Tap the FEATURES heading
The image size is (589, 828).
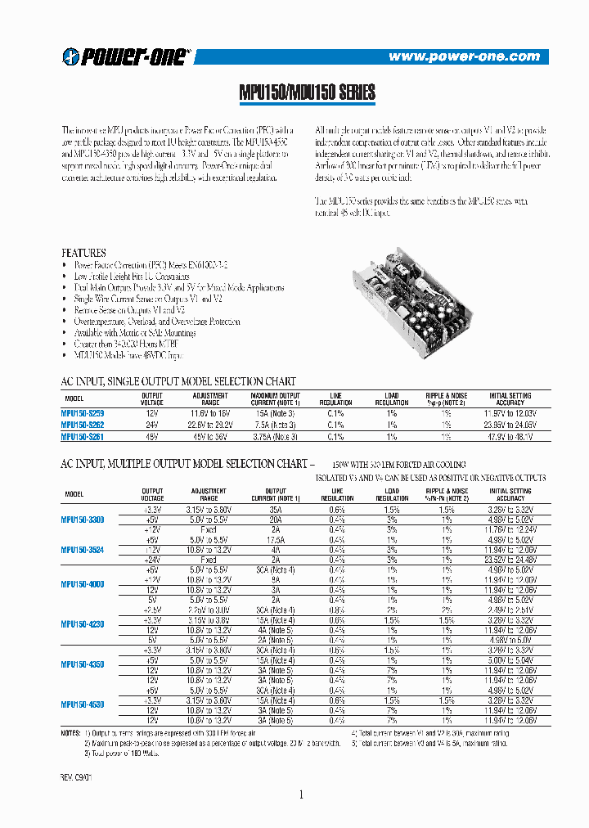(x=84, y=253)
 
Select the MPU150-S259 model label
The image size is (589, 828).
(x=83, y=414)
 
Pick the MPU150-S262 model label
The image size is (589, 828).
(x=83, y=425)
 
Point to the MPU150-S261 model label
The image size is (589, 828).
(x=83, y=437)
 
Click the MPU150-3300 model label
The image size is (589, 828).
(x=82, y=520)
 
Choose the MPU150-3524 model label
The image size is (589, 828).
(x=82, y=550)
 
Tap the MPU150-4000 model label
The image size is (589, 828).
(x=82, y=584)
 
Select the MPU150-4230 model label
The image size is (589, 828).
(x=82, y=624)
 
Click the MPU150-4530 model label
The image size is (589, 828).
(x=82, y=704)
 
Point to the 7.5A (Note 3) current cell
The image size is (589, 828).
(x=273, y=425)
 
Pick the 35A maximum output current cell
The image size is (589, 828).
(x=273, y=509)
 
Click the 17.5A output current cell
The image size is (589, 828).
(x=273, y=539)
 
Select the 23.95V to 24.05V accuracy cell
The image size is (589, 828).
(x=510, y=425)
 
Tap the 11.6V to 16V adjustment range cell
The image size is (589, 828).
(x=209, y=414)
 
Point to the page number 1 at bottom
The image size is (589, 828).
(x=301, y=795)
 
